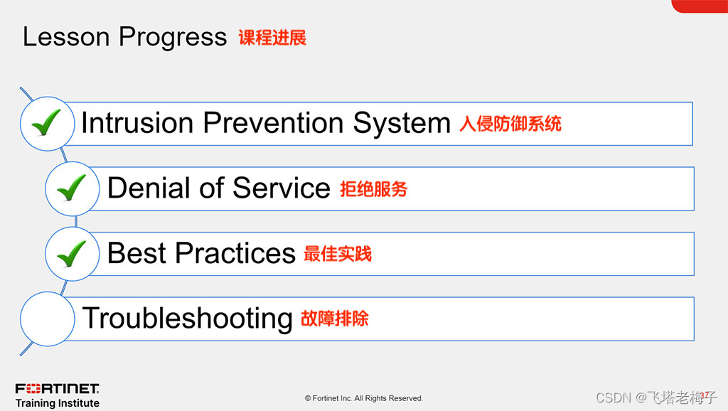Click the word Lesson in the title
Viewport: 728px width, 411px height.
(66, 37)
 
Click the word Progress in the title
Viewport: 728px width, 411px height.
(173, 37)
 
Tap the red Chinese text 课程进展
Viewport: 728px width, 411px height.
(272, 38)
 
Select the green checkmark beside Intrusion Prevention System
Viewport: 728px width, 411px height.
(46, 122)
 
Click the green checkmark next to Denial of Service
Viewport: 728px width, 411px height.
(72, 188)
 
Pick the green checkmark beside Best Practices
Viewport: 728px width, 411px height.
(72, 254)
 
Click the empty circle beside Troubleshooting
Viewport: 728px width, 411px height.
(48, 319)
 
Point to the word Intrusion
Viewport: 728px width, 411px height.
(137, 122)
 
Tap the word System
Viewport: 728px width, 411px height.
(402, 124)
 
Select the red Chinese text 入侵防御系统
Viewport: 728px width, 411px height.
(510, 124)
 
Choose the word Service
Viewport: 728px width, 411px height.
(282, 188)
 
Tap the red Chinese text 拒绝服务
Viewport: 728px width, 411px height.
(374, 189)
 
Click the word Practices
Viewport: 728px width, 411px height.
(235, 253)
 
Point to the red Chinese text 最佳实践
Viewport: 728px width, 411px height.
(338, 254)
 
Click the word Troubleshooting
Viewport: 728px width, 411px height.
(188, 319)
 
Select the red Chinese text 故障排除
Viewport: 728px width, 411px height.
(335, 319)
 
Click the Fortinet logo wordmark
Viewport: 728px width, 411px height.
(57, 388)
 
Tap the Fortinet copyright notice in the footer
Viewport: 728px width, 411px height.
(363, 398)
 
